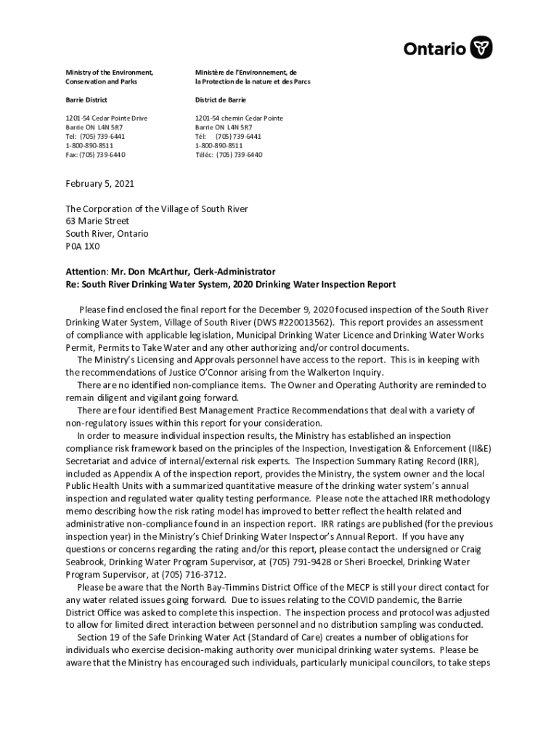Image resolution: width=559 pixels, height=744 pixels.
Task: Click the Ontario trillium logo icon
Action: point(481,49)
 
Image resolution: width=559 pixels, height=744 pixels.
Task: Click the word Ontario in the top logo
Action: point(435,49)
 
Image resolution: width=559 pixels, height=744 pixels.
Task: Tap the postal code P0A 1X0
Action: point(83,246)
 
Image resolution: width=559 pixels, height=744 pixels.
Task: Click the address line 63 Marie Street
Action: point(97,222)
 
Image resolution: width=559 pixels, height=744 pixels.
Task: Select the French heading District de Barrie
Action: point(220,100)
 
